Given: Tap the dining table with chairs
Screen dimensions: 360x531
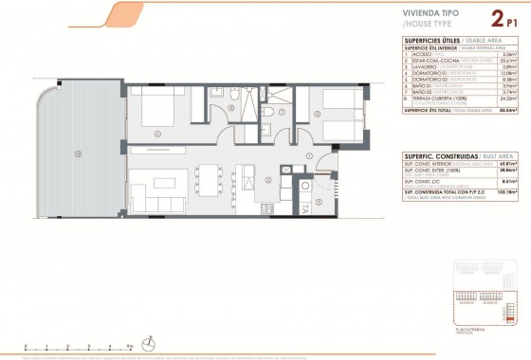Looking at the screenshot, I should pos(207,178).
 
